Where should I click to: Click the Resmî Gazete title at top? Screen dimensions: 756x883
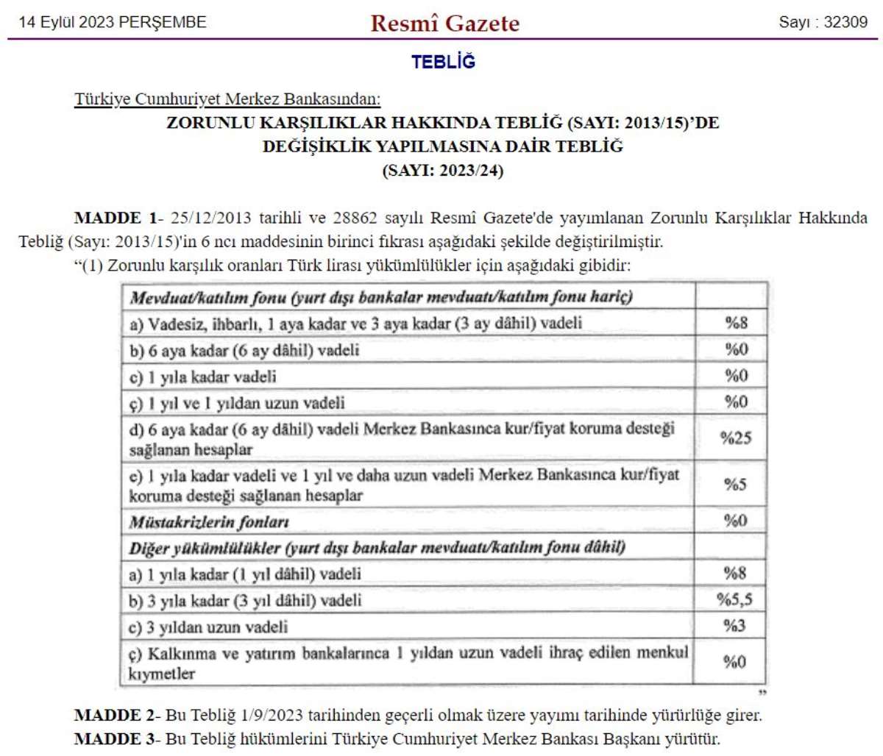pos(444,23)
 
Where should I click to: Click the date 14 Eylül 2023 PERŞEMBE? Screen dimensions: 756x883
pos(113,22)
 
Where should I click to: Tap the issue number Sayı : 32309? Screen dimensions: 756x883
pos(823,22)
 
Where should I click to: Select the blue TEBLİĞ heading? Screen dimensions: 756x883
pos(443,62)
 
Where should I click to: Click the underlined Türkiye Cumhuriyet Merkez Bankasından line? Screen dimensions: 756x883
pos(227,99)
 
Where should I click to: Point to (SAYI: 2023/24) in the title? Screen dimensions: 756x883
pos(442,171)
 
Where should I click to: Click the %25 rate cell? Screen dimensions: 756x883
pos(735,438)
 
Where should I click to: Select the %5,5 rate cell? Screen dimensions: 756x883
pos(734,599)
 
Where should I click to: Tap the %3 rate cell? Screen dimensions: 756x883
pos(734,626)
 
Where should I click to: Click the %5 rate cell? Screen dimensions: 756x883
pos(734,484)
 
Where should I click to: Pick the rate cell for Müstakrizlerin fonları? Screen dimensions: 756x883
pos(734,521)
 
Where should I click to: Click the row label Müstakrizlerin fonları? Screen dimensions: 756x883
pos(209,522)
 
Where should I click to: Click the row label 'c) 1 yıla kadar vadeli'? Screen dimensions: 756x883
pos(203,377)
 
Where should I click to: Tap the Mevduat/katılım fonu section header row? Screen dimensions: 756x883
pos(381,297)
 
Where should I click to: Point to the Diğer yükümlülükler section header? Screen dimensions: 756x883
pos(377,548)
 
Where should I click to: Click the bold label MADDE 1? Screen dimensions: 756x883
pos(116,218)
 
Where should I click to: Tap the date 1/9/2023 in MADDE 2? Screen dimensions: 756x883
pos(272,715)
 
